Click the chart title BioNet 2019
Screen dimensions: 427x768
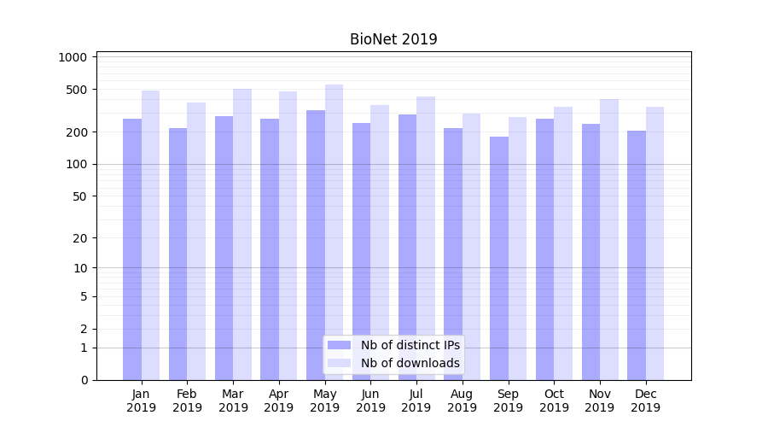click(x=393, y=39)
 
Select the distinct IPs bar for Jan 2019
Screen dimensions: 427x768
click(x=132, y=248)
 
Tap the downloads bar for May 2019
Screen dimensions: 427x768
click(x=334, y=231)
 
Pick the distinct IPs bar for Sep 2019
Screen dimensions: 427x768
click(x=499, y=256)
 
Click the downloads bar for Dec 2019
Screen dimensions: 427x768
click(x=655, y=243)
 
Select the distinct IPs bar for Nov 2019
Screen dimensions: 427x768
click(x=591, y=251)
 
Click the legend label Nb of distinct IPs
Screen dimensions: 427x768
click(x=410, y=345)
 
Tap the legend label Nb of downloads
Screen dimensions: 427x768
click(x=410, y=363)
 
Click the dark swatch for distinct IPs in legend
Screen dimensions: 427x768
click(x=340, y=345)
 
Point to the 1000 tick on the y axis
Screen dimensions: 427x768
click(x=73, y=57)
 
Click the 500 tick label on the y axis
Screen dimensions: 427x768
click(x=77, y=90)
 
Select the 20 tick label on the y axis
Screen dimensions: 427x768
click(x=79, y=238)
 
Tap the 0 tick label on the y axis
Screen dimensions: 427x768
click(x=84, y=380)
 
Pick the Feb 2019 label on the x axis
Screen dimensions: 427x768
click(x=187, y=401)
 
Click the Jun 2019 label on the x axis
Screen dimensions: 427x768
click(x=370, y=401)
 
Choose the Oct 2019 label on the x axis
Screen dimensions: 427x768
click(x=554, y=401)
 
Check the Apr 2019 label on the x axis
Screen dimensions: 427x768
click(x=279, y=401)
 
